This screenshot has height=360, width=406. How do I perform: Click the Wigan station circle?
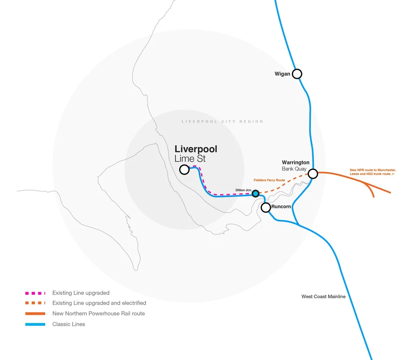[297, 74]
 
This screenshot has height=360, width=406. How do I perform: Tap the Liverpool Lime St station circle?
[184, 169]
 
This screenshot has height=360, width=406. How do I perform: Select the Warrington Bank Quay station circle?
[313, 174]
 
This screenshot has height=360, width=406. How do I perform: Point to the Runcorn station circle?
[266, 208]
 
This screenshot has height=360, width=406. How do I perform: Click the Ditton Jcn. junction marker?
[255, 193]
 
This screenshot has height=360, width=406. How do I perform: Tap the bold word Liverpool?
[196, 150]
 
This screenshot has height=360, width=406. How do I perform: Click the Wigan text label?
[282, 74]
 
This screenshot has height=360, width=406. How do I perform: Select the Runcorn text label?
[281, 207]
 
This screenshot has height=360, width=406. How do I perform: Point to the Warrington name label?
[296, 163]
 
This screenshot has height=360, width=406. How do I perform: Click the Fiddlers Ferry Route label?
[269, 180]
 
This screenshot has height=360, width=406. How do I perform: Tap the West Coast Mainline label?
[323, 297]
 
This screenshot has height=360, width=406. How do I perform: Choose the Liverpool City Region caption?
[222, 121]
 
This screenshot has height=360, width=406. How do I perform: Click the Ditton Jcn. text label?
[244, 190]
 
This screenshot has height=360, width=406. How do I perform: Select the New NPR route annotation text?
[372, 172]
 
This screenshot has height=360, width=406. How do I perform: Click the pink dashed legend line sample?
[35, 293]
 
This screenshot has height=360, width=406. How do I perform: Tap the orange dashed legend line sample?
[35, 303]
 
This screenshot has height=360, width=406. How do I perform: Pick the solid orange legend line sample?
[35, 314]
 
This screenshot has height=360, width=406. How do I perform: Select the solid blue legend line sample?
[35, 324]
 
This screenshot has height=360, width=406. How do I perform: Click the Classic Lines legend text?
[69, 324]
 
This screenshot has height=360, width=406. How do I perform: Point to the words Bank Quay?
[294, 169]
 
